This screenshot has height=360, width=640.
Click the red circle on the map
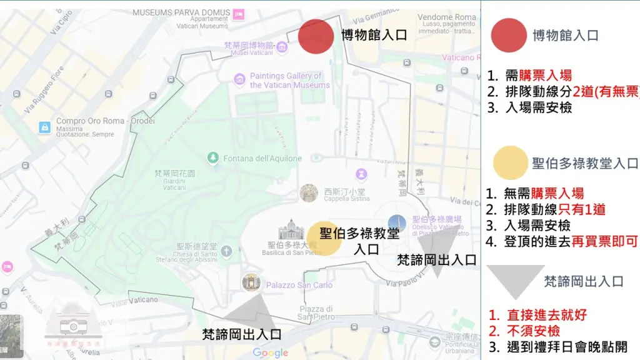coord(316,36)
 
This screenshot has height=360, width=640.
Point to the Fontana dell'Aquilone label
coord(262,159)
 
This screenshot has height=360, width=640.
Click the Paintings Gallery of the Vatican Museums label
coord(289,81)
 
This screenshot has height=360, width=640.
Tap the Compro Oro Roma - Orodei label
coord(105,121)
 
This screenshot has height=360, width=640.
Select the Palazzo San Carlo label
coord(299,285)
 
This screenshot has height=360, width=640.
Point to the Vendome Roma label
coord(447,17)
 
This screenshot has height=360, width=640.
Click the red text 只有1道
coord(582,209)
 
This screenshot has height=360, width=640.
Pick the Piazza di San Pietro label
coord(311,312)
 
